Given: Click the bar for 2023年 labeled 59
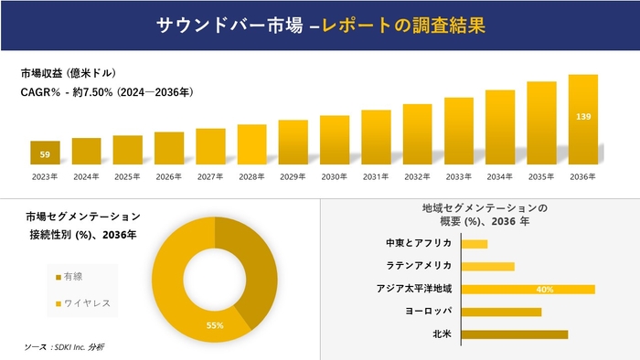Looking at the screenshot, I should click(x=45, y=153).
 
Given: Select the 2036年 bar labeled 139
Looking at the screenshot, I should click(x=583, y=120).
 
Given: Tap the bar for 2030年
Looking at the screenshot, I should click(x=335, y=140).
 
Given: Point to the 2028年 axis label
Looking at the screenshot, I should click(x=251, y=175).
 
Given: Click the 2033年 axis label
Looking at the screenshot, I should click(x=459, y=175).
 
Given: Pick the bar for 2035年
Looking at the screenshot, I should click(x=541, y=123).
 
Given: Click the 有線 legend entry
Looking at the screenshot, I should click(x=73, y=276).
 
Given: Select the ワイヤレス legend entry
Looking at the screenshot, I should click(x=81, y=303).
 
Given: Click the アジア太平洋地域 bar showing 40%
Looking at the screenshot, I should click(x=528, y=289).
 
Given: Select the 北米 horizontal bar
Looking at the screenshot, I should click(x=515, y=334).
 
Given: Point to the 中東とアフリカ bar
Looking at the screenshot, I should click(x=475, y=244).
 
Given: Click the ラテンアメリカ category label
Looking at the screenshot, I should click(x=420, y=266).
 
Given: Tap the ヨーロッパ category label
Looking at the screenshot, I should click(x=428, y=312).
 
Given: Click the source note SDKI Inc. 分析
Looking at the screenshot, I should click(x=65, y=347).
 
